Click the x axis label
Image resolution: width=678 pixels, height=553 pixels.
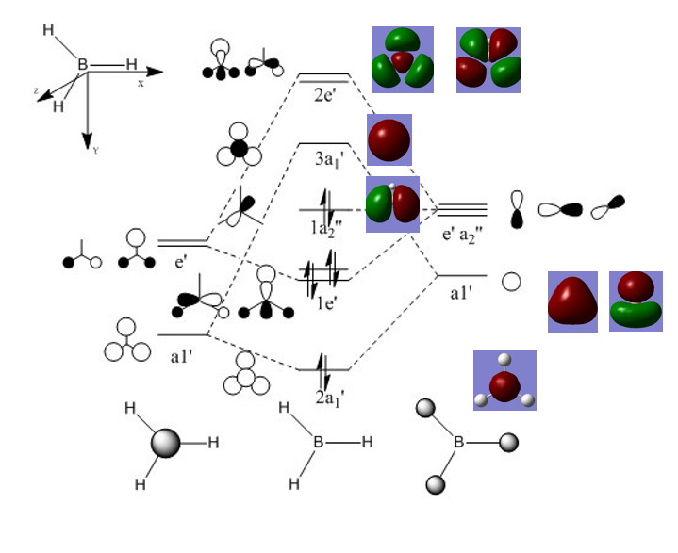[141, 83]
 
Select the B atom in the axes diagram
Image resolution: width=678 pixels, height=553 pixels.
[83, 65]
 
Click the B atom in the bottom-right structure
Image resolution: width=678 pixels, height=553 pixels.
[459, 442]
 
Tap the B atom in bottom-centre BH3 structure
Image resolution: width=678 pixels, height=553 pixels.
[320, 442]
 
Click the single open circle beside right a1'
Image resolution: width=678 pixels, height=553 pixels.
[511, 282]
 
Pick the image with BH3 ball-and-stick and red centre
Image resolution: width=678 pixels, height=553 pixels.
[504, 382]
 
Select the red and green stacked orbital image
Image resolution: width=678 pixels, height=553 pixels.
[636, 301]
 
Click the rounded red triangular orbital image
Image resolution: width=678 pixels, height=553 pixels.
[572, 301]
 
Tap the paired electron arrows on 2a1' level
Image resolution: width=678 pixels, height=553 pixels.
[323, 363]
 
